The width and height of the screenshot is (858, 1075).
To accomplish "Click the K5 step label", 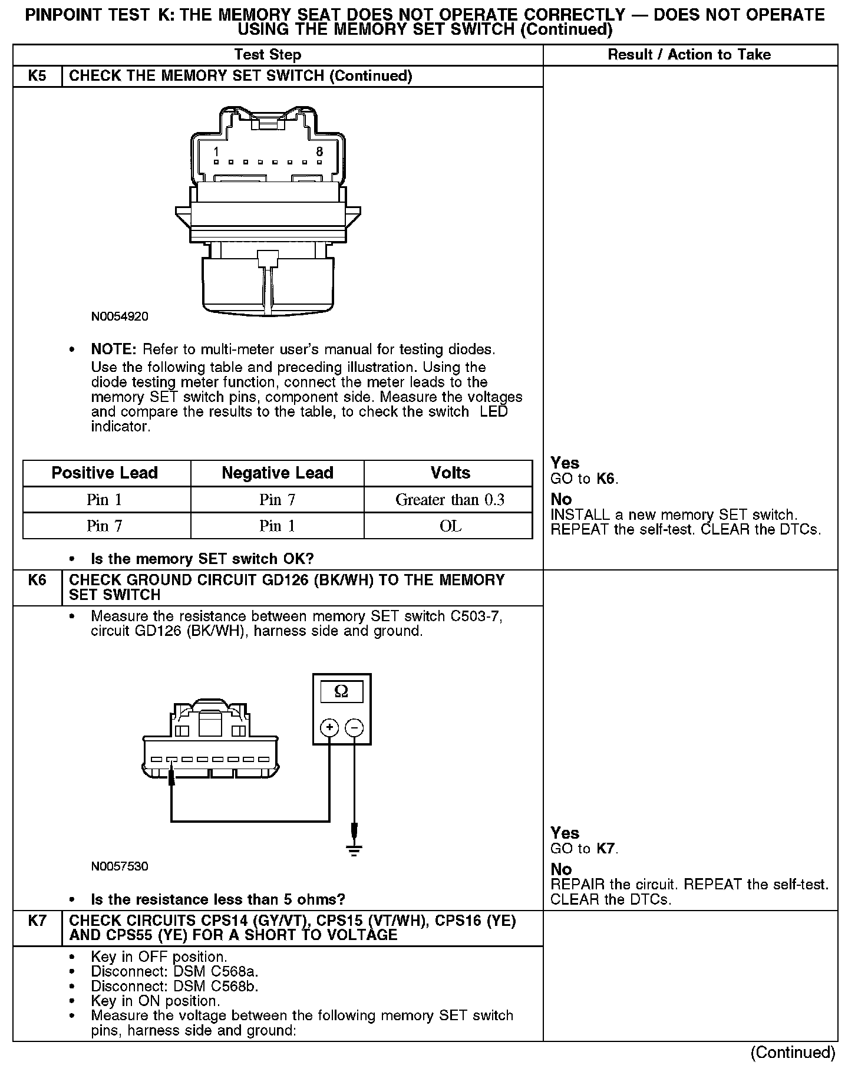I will (x=37, y=76).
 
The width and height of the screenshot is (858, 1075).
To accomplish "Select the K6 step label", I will (x=37, y=580).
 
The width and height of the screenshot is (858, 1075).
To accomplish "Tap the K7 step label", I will (x=37, y=921).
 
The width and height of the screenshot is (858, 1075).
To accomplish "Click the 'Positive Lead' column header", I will (x=105, y=473).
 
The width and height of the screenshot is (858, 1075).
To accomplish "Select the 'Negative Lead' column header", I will (x=278, y=473).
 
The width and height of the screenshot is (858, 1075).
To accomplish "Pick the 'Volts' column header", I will (x=450, y=473).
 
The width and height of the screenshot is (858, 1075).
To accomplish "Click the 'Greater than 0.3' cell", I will (x=450, y=500).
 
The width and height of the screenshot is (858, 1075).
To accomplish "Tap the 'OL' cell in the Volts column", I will (x=450, y=526).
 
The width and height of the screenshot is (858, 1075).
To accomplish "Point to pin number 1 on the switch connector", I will (x=216, y=151).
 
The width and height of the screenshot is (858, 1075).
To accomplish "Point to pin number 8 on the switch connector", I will (x=320, y=151).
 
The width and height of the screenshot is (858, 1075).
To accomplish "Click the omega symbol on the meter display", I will (x=341, y=691).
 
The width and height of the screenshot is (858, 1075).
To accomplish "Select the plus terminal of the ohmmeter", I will (x=329, y=728).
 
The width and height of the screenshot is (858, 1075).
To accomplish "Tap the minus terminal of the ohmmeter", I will (x=354, y=728).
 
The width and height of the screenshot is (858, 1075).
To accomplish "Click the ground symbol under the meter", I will (x=354, y=850).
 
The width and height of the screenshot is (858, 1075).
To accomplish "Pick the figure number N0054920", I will (x=120, y=316).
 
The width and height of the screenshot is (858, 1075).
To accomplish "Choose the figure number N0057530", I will (x=120, y=866).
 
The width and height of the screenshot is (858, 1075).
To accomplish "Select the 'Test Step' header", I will (x=268, y=55).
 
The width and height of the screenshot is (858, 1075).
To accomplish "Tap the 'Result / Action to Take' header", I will (x=689, y=55).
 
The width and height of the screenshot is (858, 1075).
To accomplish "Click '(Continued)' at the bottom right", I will (x=793, y=1053).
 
